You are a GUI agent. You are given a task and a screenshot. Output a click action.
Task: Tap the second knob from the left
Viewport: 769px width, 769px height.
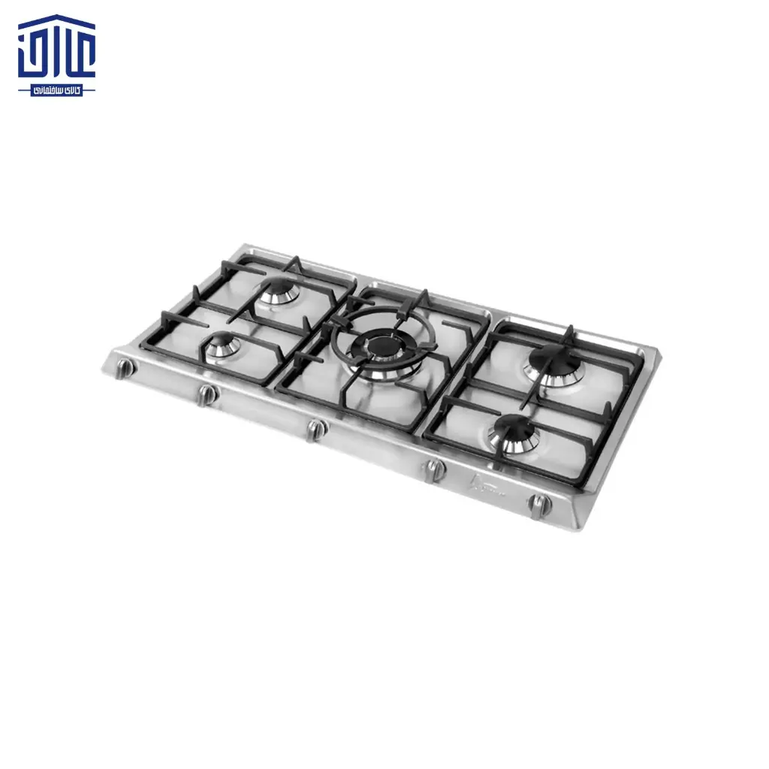pyautogui.click(x=207, y=394)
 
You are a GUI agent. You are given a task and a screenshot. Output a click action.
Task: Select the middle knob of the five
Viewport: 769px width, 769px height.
pyautogui.click(x=316, y=429)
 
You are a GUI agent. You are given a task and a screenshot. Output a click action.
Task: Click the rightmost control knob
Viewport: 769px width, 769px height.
pyautogui.click(x=539, y=504)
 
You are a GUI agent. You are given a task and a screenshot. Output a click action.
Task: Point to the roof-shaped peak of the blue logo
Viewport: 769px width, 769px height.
pyautogui.click(x=57, y=19)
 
